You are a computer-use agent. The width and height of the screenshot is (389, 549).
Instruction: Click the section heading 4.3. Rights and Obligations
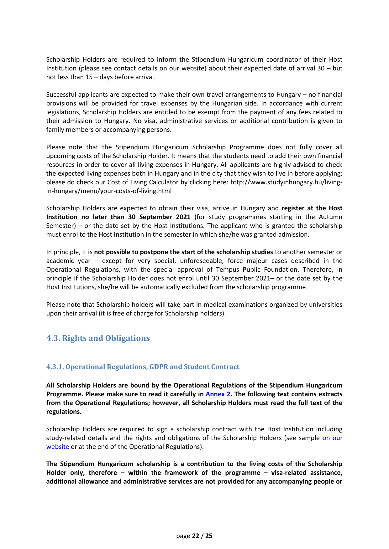click(x=98, y=338)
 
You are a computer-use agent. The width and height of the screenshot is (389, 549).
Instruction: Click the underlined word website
click(x=58, y=447)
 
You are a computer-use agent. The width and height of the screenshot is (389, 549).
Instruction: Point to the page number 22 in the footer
click(x=196, y=536)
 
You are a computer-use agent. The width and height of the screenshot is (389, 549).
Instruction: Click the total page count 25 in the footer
click(x=209, y=536)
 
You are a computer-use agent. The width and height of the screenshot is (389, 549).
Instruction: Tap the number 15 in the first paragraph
click(x=89, y=77)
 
